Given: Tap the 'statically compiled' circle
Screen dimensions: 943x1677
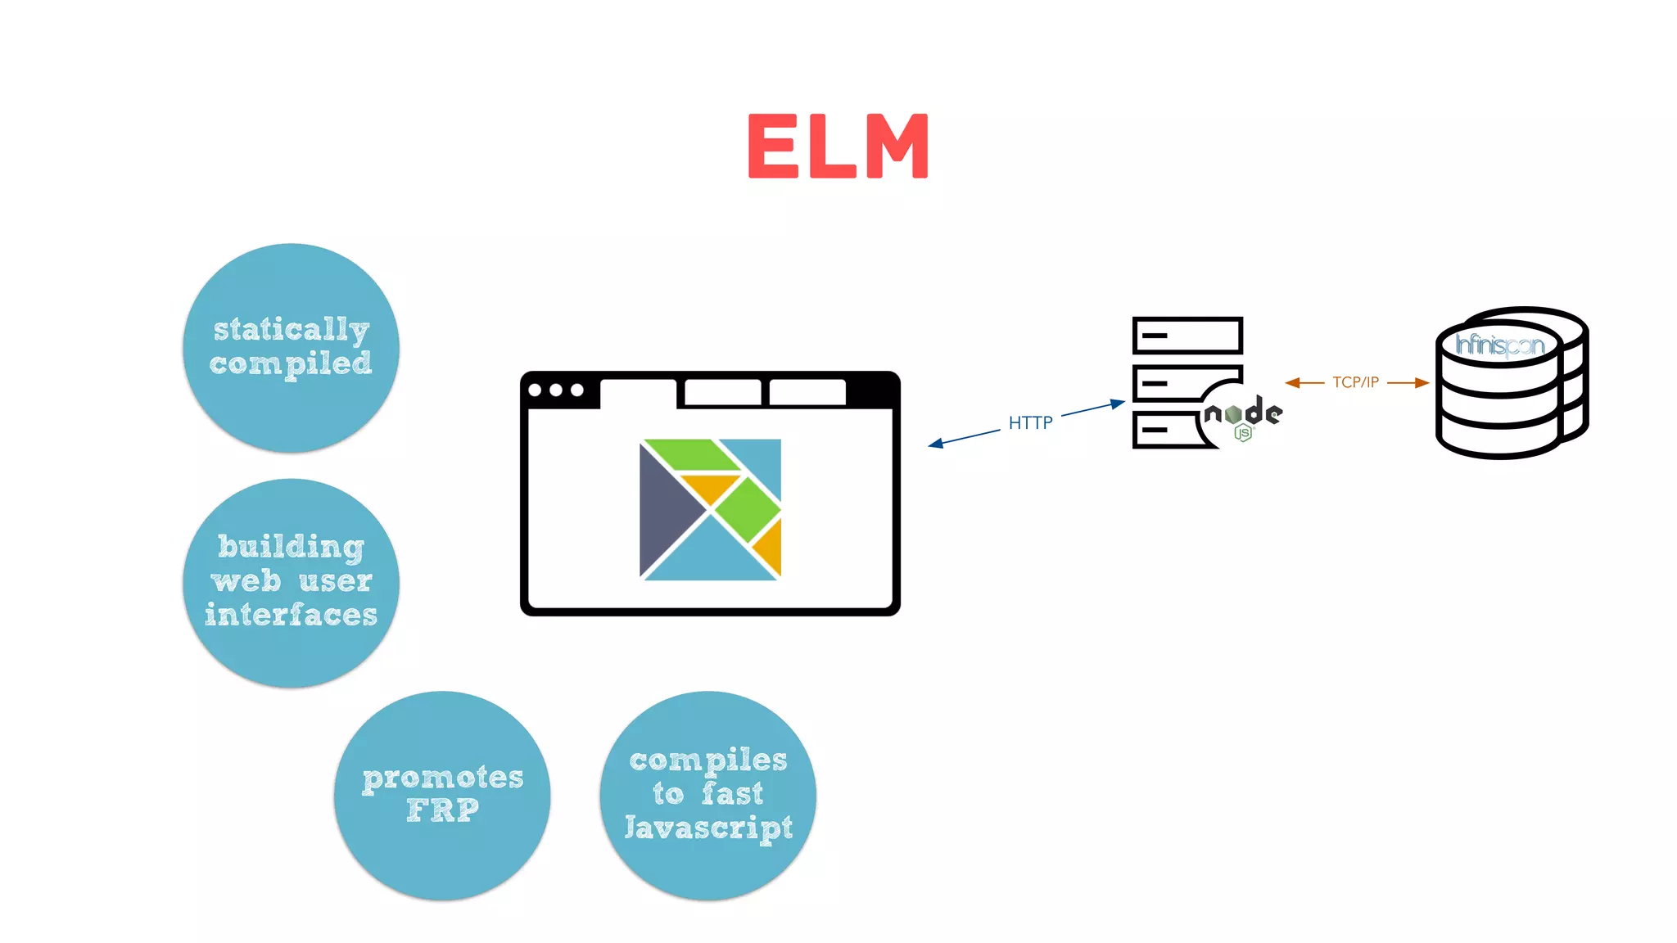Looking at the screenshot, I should (291, 347).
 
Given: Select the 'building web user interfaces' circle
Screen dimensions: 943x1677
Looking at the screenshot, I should (291, 582).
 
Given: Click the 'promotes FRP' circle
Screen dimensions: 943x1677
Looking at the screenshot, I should (442, 795).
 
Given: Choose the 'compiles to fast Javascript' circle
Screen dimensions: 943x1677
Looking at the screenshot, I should (707, 795).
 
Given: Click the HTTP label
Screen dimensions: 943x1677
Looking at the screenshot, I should (1030, 422).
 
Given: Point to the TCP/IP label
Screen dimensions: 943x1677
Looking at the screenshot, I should (1355, 382).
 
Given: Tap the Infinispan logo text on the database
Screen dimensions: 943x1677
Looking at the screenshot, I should (1498, 345).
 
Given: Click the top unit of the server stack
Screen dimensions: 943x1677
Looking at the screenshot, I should (1187, 335).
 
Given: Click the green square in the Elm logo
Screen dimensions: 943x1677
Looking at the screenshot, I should (747, 509).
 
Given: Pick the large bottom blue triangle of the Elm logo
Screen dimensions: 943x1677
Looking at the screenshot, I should (709, 557).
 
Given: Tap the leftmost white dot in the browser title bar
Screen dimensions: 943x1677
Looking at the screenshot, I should (536, 390).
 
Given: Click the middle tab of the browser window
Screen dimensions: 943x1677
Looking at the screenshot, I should (722, 392).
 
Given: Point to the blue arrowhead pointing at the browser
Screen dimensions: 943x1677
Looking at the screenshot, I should (936, 444).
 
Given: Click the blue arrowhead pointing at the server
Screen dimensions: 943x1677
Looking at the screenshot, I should (1118, 404).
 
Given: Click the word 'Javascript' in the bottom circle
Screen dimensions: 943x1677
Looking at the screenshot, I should (707, 827).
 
